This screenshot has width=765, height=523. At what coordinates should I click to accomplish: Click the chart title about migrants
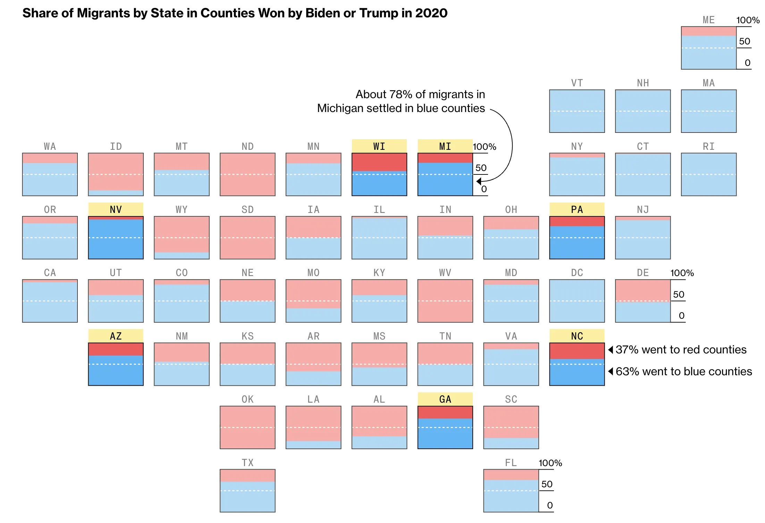pyautogui.click(x=235, y=13)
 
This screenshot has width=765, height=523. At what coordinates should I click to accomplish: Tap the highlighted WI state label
pyautogui.click(x=379, y=146)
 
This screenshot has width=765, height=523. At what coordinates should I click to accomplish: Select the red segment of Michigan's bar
pyautogui.click(x=445, y=158)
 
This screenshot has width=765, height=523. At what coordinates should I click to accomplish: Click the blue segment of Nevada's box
pyautogui.click(x=116, y=239)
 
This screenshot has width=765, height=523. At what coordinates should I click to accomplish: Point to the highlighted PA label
pyautogui.click(x=577, y=209)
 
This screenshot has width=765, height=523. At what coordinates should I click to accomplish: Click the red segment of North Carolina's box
pyautogui.click(x=577, y=351)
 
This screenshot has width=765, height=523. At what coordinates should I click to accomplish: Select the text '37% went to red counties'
pyautogui.click(x=681, y=350)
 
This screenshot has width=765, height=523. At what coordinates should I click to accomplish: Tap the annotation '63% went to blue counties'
pyautogui.click(x=683, y=371)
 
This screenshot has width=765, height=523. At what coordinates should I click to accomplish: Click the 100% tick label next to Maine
pyautogui.click(x=748, y=20)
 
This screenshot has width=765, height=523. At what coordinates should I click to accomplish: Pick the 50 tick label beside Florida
pyautogui.click(x=547, y=484)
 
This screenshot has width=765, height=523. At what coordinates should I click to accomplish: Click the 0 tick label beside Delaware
pyautogui.click(x=681, y=316)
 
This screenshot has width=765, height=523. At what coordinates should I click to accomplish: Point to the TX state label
pyautogui.click(x=247, y=463)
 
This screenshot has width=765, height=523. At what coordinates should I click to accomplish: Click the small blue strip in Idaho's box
pyautogui.click(x=116, y=193)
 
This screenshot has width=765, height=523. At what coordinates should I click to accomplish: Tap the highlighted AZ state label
pyautogui.click(x=116, y=336)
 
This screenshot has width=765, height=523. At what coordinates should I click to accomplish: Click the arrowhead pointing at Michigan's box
pyautogui.click(x=479, y=181)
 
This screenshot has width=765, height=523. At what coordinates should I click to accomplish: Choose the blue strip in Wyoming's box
pyautogui.click(x=182, y=256)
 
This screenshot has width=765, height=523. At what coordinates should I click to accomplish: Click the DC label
pyautogui.click(x=577, y=273)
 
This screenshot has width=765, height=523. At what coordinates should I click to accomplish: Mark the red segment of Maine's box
pyautogui.click(x=708, y=31)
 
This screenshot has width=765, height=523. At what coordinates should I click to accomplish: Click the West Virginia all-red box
pyautogui.click(x=445, y=301)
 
